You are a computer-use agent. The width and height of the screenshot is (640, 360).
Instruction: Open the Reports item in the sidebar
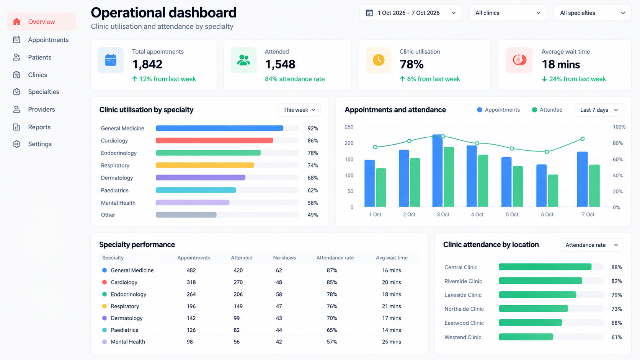click(32, 127)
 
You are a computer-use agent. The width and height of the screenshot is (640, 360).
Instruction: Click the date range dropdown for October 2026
click(411, 13)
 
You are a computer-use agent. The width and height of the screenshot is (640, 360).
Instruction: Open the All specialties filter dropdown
click(592, 13)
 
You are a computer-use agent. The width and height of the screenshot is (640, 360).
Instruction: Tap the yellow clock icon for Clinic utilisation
click(379, 60)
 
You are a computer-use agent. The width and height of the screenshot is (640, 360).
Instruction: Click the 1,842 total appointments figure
click(147, 64)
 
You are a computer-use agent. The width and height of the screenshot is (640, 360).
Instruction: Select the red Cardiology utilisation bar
click(214, 140)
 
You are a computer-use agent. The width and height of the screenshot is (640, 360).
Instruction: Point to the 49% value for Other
click(313, 215)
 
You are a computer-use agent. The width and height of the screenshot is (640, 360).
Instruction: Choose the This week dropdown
click(299, 110)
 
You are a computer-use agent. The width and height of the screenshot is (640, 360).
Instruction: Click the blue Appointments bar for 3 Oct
click(438, 171)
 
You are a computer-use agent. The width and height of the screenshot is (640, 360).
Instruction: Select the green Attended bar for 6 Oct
click(553, 191)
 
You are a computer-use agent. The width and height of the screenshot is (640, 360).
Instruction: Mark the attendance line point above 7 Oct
click(583, 139)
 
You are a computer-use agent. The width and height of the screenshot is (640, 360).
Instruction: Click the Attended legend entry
click(547, 110)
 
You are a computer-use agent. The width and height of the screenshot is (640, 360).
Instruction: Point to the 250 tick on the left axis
click(349, 127)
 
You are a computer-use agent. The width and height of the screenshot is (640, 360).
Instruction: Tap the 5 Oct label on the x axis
click(512, 214)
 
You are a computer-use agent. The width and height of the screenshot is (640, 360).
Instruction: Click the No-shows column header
click(284, 258)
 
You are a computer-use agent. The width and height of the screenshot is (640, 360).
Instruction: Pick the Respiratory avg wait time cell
click(392, 306)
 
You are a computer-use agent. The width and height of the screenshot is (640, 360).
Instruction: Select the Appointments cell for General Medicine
click(191, 270)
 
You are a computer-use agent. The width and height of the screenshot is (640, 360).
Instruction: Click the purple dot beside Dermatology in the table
click(104, 318)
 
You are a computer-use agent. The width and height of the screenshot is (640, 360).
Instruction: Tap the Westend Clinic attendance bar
click(526, 337)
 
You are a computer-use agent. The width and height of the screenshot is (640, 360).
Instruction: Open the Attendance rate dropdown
click(591, 245)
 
